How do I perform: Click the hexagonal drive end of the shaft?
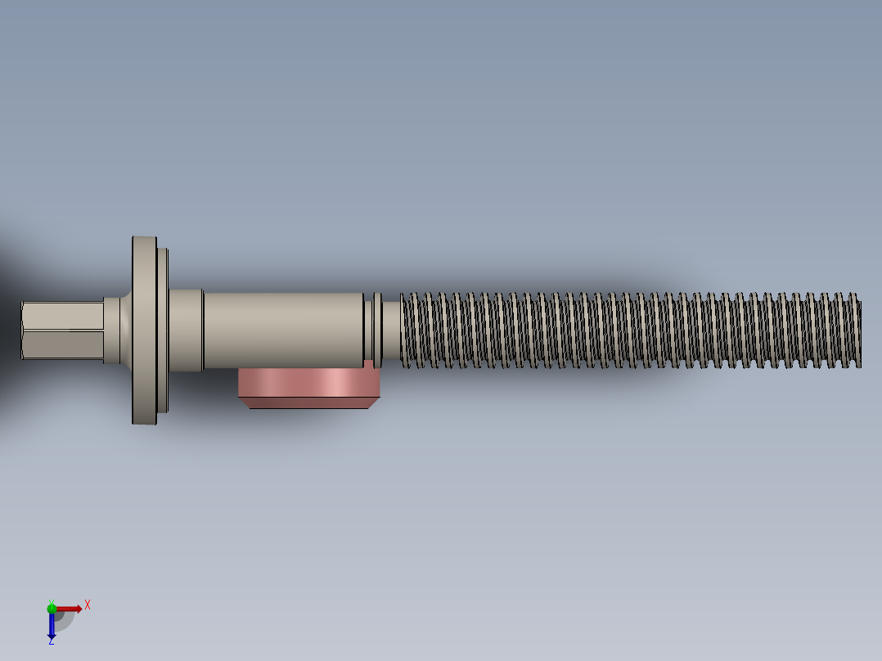(x=62, y=330)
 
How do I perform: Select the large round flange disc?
(x=144, y=330)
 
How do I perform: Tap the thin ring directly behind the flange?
(x=163, y=330)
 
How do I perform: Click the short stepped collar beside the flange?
(x=186, y=330)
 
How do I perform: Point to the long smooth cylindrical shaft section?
(x=282, y=330)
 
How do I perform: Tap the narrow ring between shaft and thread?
(x=377, y=330)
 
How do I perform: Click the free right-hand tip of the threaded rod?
(x=857, y=330)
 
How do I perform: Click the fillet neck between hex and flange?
(x=118, y=330)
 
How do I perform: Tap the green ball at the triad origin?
(x=52, y=608)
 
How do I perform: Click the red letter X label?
(x=88, y=605)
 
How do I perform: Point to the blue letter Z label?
(x=51, y=641)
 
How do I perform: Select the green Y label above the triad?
(x=52, y=600)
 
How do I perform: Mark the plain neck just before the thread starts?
(x=392, y=330)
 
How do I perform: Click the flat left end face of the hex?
(x=22, y=330)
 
